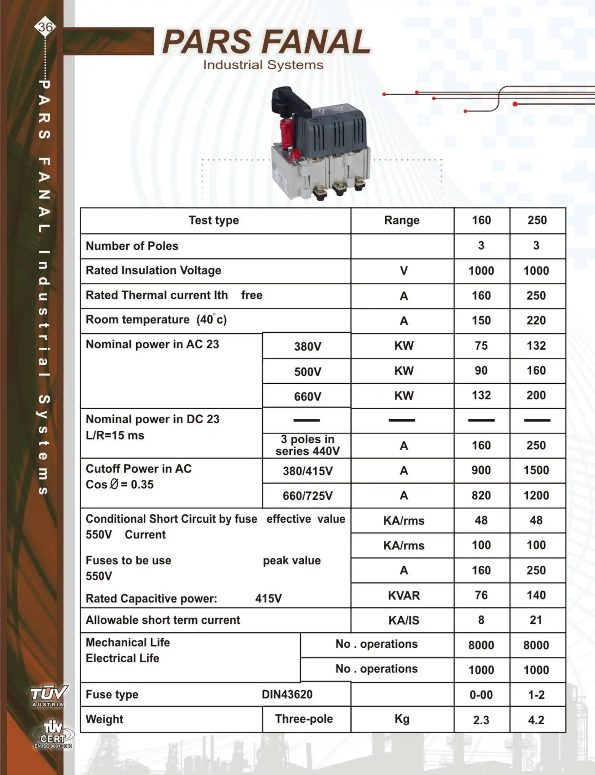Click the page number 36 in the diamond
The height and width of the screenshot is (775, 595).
pyautogui.click(x=45, y=27)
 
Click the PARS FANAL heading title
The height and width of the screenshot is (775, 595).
pyautogui.click(x=266, y=42)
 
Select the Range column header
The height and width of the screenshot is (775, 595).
pyautogui.click(x=402, y=220)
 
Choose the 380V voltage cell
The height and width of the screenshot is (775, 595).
pyautogui.click(x=307, y=346)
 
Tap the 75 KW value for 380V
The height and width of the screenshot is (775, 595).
pyautogui.click(x=481, y=345)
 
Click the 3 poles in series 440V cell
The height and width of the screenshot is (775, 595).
pyautogui.click(x=307, y=445)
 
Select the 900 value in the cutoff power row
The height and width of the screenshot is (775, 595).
pyautogui.click(x=481, y=470)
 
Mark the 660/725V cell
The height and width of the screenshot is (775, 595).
pyautogui.click(x=307, y=496)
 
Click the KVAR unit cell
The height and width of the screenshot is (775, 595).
pyautogui.click(x=403, y=596)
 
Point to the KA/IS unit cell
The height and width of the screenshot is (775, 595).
pyautogui.click(x=403, y=620)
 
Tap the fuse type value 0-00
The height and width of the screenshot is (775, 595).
pyautogui.click(x=481, y=695)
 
